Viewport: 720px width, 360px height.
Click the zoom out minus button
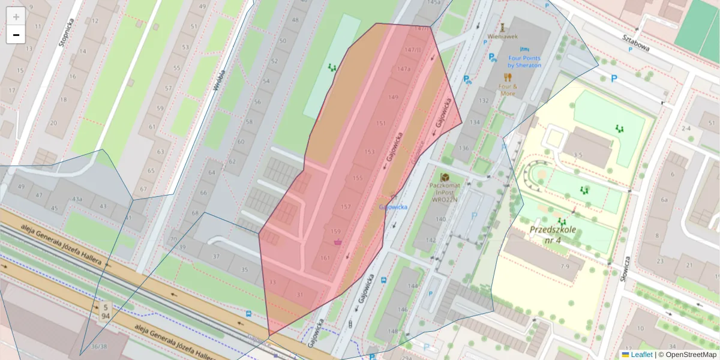16,35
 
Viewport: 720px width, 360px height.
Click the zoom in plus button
16,16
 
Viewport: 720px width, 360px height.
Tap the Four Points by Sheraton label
524,61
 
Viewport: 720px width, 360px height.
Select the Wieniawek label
502,36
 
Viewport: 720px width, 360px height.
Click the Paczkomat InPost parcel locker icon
445,178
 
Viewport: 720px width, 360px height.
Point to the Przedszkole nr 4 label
552,235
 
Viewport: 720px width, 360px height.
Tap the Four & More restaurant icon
508,77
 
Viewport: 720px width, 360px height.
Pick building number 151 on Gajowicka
381,123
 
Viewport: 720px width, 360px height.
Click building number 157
346,206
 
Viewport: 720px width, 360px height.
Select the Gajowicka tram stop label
393,207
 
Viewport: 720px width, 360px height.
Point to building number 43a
77,199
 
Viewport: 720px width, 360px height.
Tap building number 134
475,122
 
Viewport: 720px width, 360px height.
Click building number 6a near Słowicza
664,200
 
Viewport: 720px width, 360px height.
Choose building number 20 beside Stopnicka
53,124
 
